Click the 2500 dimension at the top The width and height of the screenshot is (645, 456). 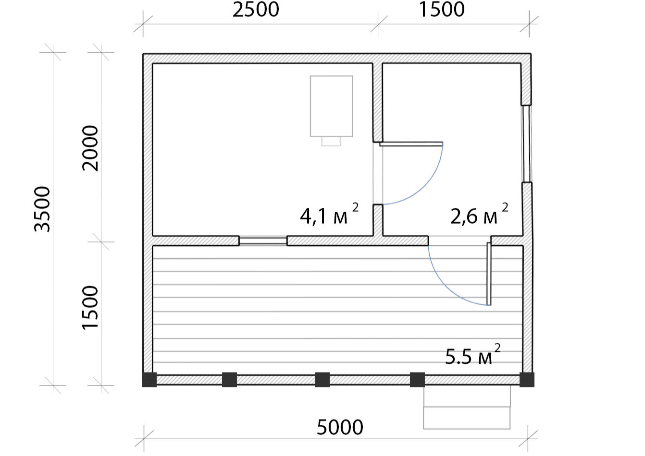tap(256, 10)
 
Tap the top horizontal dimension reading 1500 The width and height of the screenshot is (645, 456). tap(441, 10)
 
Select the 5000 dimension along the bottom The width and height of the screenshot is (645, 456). tap(340, 428)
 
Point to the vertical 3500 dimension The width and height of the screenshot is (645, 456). tap(42, 209)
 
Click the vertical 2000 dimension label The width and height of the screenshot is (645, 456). tap(90, 148)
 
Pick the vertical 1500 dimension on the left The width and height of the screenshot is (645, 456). tap(90, 308)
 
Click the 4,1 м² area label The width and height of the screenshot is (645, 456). tap(329, 214)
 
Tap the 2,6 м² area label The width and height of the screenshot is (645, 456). tap(479, 214)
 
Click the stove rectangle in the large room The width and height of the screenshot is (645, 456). tap(332, 106)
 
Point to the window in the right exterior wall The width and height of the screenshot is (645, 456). tap(527, 144)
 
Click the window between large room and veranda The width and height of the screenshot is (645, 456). tap(263, 240)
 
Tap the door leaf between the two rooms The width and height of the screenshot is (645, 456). tap(411, 144)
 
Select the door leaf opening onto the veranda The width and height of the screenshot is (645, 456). tap(489, 274)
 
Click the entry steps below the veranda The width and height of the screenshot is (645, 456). tap(467, 408)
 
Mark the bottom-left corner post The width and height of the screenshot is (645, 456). tap(149, 380)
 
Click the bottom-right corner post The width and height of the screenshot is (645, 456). tap(527, 380)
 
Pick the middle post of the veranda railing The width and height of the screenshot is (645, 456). tap(322, 380)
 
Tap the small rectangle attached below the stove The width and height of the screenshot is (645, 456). tap(331, 142)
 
